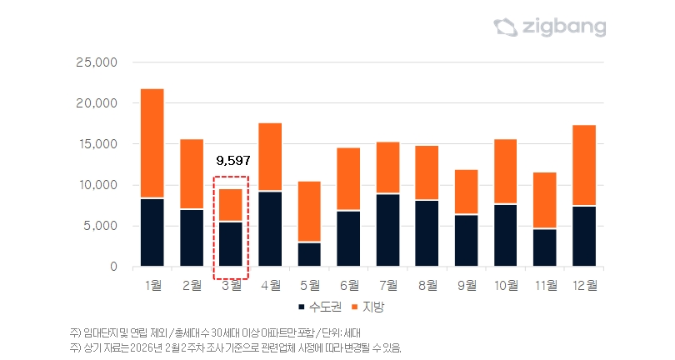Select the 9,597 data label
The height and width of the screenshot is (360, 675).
(232, 159)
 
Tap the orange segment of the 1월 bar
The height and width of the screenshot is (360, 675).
(152, 143)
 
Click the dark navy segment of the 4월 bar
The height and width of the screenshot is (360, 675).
(270, 228)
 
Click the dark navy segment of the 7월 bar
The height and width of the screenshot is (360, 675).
(387, 230)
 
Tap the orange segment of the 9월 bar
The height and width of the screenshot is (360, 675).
(466, 192)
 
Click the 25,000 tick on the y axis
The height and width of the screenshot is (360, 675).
(97, 62)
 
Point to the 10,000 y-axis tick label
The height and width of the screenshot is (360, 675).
(97, 185)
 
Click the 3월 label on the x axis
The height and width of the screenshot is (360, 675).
(231, 286)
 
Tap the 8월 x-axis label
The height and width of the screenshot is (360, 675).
(427, 286)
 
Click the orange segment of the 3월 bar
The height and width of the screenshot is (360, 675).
(231, 205)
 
